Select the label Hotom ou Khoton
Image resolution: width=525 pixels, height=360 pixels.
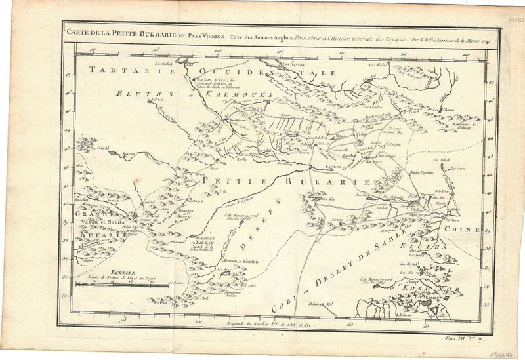(x=241, y=261)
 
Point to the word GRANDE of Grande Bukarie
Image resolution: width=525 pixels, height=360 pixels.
(x=87, y=214)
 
